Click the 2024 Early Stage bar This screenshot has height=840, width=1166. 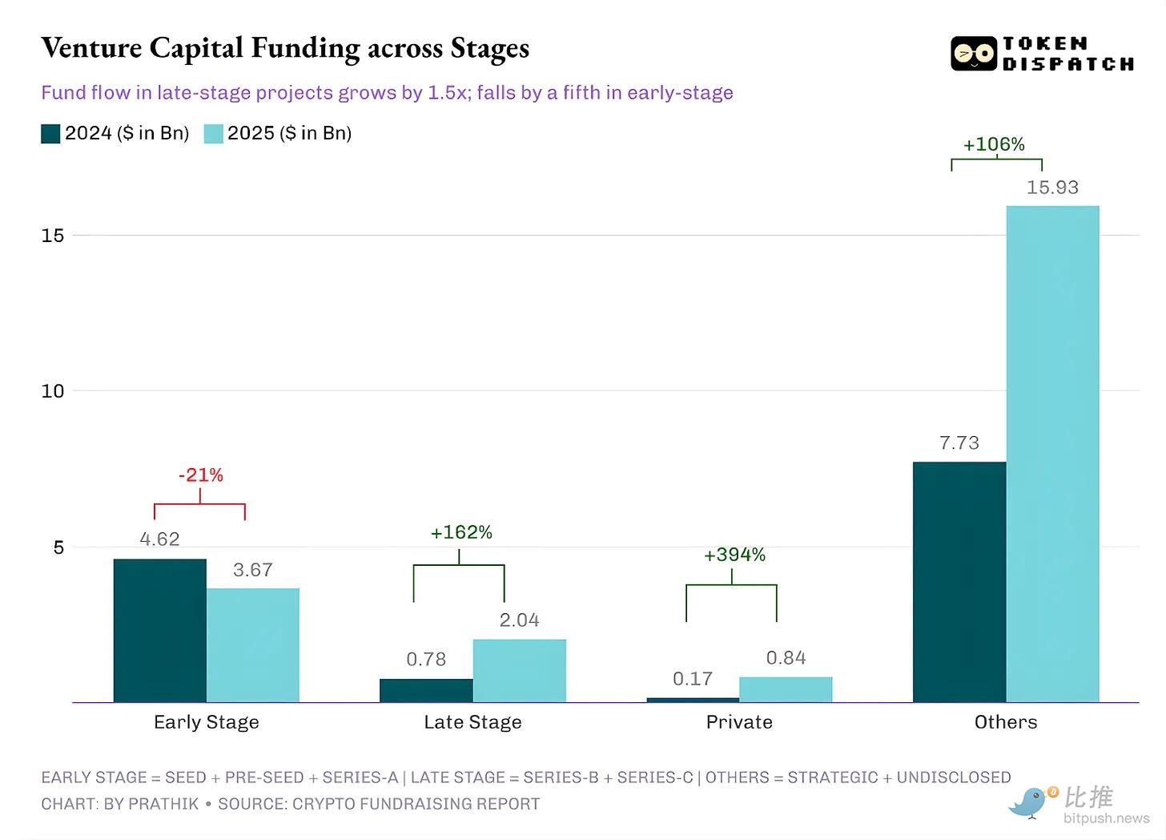[x=160, y=631]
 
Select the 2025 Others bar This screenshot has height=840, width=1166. [x=1052, y=454]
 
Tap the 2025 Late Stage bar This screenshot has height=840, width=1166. [x=519, y=671]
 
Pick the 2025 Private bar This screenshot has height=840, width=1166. [x=786, y=689]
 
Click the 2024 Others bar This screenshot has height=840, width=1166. [x=959, y=582]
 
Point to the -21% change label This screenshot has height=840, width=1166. [x=200, y=475]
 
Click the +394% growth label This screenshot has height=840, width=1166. [x=734, y=555]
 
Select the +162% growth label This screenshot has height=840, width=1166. [x=461, y=532]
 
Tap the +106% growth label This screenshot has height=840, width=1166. [x=994, y=144]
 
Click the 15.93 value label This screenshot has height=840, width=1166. [x=1052, y=188]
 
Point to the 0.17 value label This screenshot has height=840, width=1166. [x=693, y=679]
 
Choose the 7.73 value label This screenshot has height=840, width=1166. [x=959, y=443]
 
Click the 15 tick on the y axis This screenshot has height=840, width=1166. [x=53, y=236]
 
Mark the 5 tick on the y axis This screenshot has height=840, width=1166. [x=58, y=547]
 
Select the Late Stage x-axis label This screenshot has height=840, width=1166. [x=472, y=722]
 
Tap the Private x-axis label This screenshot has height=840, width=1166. [x=739, y=722]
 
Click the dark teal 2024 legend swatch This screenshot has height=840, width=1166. [x=50, y=134]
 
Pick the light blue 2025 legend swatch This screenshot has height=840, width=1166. [x=213, y=134]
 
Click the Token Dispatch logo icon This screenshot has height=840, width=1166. [x=973, y=54]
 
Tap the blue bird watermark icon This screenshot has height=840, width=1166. [x=1030, y=802]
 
